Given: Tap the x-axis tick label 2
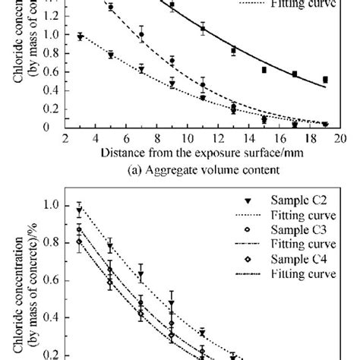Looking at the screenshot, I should [x=65, y=138].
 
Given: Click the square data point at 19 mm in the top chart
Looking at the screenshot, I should [x=325, y=79].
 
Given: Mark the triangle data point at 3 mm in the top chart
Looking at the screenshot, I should [x=81, y=36].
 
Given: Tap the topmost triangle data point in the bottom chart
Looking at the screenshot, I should [x=79, y=210].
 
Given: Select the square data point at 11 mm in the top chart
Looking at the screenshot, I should [x=203, y=29].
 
